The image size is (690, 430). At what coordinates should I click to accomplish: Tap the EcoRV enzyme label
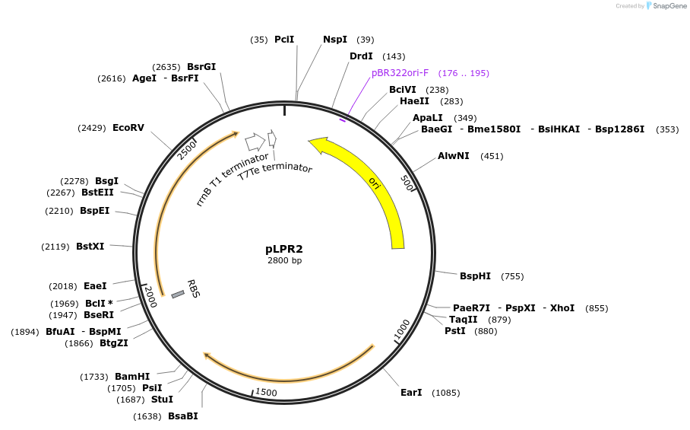click(128, 128)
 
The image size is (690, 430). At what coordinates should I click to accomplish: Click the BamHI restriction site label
click(132, 377)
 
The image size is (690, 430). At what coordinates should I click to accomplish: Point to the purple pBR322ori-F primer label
click(400, 73)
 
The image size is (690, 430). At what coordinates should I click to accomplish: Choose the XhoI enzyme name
click(562, 308)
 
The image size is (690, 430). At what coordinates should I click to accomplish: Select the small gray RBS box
click(178, 294)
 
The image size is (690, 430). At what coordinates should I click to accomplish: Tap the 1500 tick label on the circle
click(266, 392)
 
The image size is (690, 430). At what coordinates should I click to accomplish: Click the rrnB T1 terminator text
click(232, 179)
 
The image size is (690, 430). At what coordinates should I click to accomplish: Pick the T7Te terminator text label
click(275, 170)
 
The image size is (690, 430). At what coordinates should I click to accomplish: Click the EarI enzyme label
click(411, 393)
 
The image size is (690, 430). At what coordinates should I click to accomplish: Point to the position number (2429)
click(91, 128)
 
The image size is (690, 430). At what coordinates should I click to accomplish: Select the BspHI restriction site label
click(476, 276)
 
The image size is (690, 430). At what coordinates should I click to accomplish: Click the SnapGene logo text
click(665, 6)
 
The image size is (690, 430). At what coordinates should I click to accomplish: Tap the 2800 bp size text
click(284, 261)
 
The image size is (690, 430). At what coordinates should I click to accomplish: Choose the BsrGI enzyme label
click(201, 67)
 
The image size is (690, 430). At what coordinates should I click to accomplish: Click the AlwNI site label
click(454, 156)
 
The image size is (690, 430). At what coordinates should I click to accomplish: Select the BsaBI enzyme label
click(182, 416)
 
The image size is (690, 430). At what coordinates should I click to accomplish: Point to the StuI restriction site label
click(162, 400)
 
